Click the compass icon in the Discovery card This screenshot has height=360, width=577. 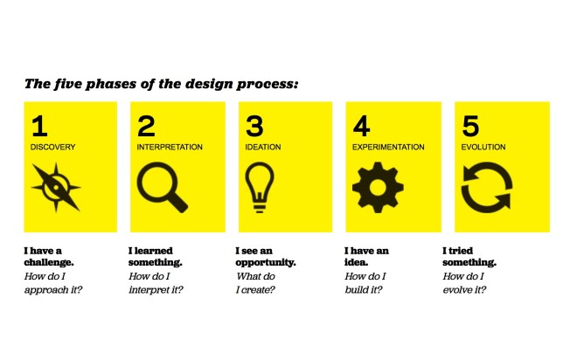pyautogui.click(x=57, y=187)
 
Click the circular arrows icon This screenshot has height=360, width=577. pyautogui.click(x=486, y=187)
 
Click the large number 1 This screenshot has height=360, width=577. pyautogui.click(x=38, y=128)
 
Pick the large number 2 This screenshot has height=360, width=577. pyautogui.click(x=146, y=128)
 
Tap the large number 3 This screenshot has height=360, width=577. pyautogui.click(x=254, y=128)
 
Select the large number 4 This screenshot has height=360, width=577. pyautogui.click(x=362, y=128)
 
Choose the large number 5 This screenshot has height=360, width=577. pyautogui.click(x=469, y=128)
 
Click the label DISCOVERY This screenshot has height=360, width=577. pyautogui.click(x=52, y=148)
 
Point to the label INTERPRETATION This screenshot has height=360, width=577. pyautogui.click(x=170, y=148)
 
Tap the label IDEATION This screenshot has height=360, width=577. pyautogui.click(x=263, y=148)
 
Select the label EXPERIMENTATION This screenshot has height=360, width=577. pyautogui.click(x=388, y=148)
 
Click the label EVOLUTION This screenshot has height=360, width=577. pyautogui.click(x=483, y=148)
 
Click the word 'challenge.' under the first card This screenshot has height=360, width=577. pyautogui.click(x=48, y=262)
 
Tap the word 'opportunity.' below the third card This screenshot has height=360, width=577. pyautogui.click(x=266, y=262)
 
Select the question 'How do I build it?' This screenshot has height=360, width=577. pyautogui.click(x=366, y=282)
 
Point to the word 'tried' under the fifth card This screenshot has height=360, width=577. pyautogui.click(x=463, y=251)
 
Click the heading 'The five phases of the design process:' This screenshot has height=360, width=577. pyautogui.click(x=162, y=85)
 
